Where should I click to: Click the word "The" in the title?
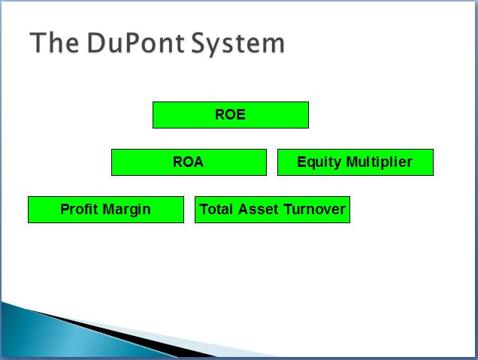54,43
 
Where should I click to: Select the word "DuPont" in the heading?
136,43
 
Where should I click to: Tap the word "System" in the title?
238,44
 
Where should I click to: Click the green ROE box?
231,115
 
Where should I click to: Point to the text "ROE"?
230,115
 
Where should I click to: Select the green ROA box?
189,162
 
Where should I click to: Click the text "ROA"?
188,162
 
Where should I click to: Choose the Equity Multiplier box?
355,162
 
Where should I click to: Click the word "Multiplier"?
380,162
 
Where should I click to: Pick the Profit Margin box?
106,210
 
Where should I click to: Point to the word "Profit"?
79,209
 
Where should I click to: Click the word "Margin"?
127,210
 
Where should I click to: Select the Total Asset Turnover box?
272,210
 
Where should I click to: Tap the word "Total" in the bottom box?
216,210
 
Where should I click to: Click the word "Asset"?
259,210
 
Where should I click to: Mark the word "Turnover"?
315,210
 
